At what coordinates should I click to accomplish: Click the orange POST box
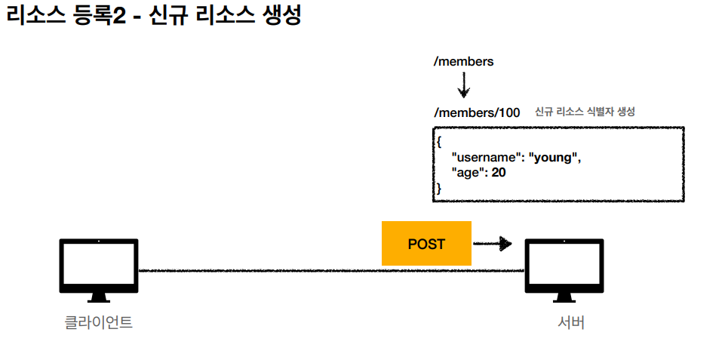coord(426,244)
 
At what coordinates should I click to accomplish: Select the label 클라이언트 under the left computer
coord(99,323)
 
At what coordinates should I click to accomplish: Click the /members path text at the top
coord(463,61)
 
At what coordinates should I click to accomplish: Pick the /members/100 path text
coord(477,112)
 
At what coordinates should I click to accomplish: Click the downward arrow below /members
coord(463,87)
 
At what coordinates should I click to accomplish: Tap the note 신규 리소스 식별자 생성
coord(585,112)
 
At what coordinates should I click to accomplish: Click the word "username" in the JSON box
coord(487,158)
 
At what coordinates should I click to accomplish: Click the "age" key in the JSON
coord(467,173)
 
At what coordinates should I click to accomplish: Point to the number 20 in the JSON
coord(499,173)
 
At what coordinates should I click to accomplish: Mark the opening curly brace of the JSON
coord(438,141)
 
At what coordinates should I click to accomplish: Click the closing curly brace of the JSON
coord(438,189)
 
